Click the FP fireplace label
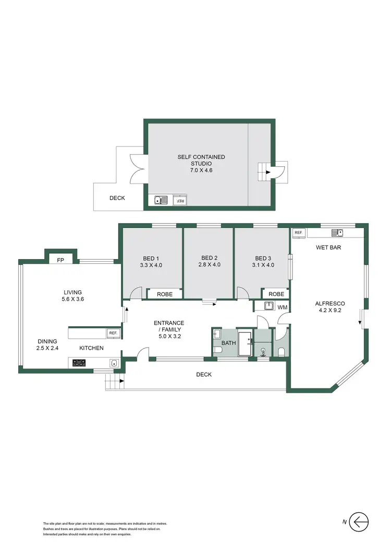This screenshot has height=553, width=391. (x=60, y=260)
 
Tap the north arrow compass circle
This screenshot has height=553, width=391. (x=359, y=521)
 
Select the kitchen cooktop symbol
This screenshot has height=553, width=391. (x=79, y=363)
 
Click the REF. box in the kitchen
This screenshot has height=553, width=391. (x=113, y=333)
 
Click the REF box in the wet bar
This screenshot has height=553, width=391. (x=298, y=232)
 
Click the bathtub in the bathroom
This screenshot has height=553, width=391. (x=245, y=344)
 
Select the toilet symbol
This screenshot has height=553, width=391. (x=282, y=351)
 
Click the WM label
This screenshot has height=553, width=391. (x=282, y=308)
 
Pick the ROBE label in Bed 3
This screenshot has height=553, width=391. (x=276, y=294)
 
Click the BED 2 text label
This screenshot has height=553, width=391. (x=209, y=258)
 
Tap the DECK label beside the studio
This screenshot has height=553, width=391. (x=117, y=198)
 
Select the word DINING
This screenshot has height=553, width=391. (x=33, y=342)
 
